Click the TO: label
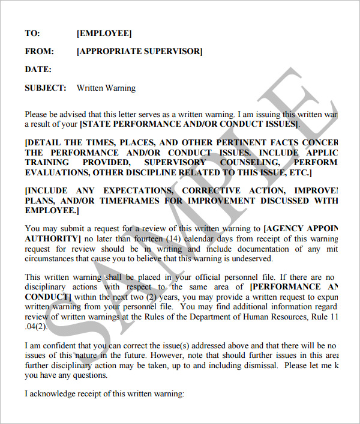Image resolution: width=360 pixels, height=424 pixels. pos(32,34)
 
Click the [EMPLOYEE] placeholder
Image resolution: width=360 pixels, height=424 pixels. pos(104,34)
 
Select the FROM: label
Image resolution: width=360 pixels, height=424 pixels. pos(40,52)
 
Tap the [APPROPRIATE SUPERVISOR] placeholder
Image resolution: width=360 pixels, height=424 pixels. pos(139,52)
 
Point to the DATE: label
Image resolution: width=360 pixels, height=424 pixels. pos(38,70)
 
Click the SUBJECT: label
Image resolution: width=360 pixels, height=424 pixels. pos(45,88)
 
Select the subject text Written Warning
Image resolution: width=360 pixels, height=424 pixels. pos(106,88)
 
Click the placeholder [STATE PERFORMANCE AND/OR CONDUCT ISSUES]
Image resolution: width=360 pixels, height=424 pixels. pos(189,124)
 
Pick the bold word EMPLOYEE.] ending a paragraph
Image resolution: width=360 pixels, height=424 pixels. pos(51,210)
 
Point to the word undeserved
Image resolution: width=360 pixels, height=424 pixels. pos(253,259)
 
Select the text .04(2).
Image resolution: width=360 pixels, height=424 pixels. pos(35,327)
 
